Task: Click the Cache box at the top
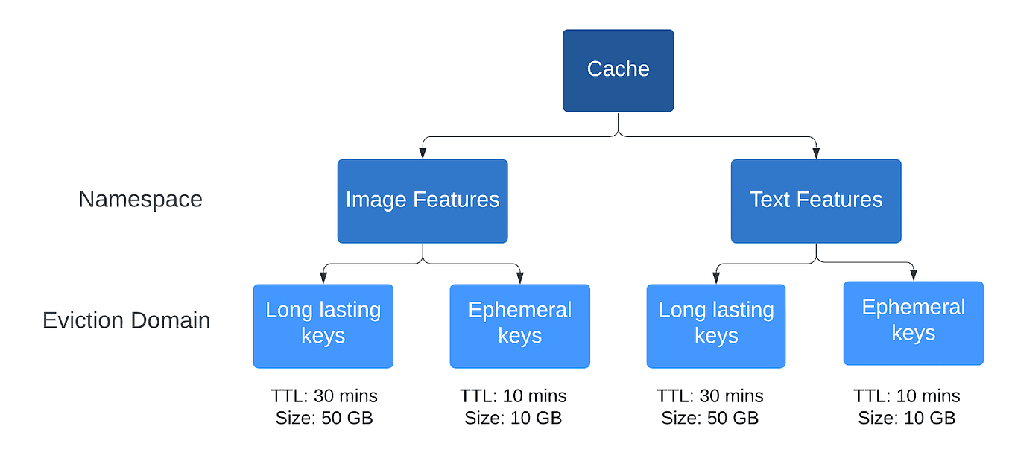coord(618,70)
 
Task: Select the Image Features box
coord(422,200)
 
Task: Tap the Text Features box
coord(815,200)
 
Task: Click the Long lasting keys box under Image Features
coord(323,325)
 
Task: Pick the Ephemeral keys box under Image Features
coord(519,325)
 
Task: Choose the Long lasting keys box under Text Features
coord(715,325)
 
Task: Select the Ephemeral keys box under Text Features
coord(913,323)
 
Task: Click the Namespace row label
coord(140,199)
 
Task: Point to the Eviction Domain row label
coord(126,320)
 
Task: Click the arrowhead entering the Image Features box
coord(423,153)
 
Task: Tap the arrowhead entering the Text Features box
coord(816,153)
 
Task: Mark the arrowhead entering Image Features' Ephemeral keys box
coord(519,279)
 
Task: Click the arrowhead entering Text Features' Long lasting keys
coord(715,279)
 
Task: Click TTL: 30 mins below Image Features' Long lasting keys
coord(323,396)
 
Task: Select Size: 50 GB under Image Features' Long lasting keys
coord(323,418)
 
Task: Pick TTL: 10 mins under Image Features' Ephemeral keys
coord(513,396)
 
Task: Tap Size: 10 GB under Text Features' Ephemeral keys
coord(906,418)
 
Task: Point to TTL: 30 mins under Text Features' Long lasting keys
coord(709,396)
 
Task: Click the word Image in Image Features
coord(376,200)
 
